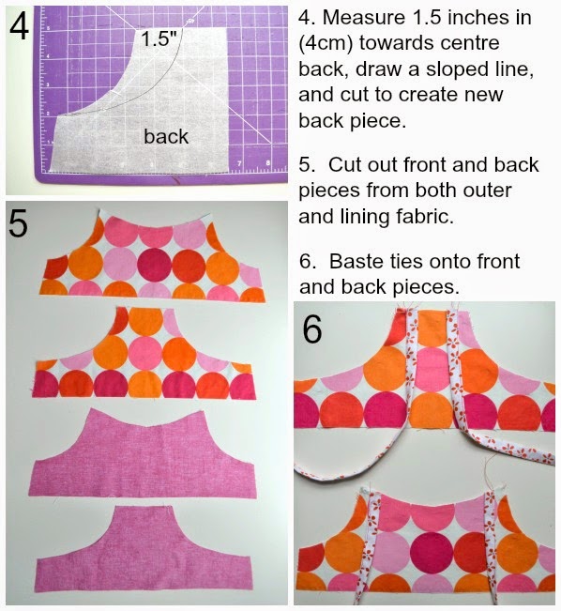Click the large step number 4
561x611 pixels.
20,26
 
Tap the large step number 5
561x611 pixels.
19,222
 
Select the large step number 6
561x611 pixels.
312,329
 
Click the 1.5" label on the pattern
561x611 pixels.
159,38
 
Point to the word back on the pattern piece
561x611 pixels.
166,136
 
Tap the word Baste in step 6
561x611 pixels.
354,261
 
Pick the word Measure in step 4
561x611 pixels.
358,18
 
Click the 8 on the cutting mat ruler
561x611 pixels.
268,163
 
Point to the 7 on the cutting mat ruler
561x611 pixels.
239,163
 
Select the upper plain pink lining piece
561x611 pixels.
143,454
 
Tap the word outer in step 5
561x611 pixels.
489,191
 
